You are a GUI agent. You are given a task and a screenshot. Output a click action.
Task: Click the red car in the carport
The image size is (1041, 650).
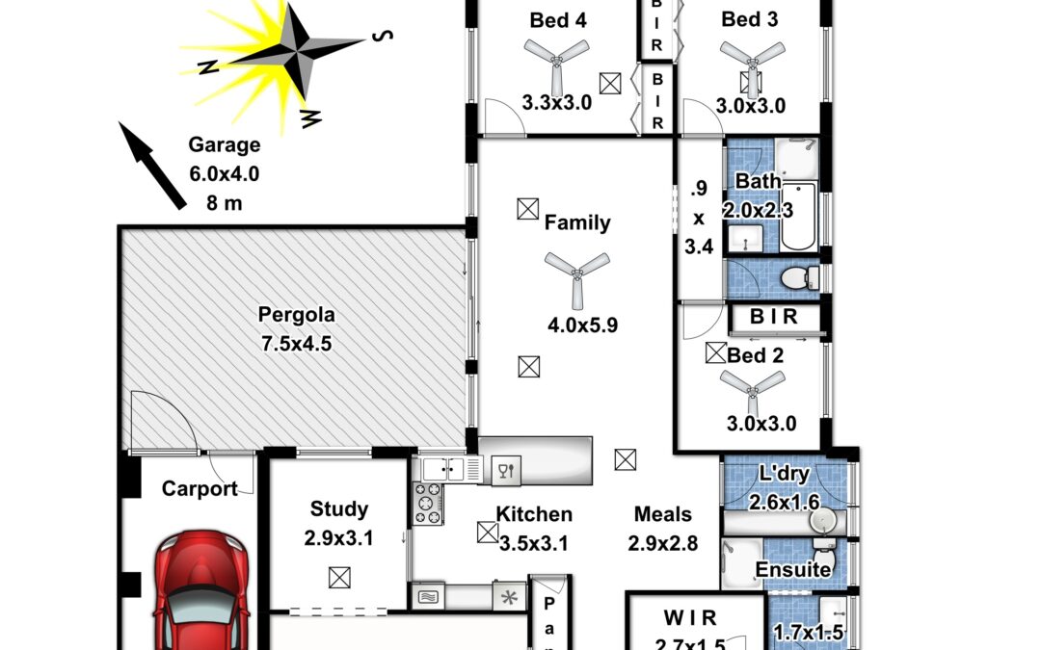[x=202, y=590]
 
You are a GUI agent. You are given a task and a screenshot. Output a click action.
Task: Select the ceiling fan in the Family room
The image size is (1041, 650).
[x=577, y=276]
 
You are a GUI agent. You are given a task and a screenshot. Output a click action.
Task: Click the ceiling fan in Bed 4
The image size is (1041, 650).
[x=556, y=62]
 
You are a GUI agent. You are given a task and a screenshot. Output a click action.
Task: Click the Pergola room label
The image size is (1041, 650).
[x=296, y=314]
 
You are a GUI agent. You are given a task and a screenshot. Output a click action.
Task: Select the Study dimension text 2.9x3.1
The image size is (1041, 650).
[x=338, y=538]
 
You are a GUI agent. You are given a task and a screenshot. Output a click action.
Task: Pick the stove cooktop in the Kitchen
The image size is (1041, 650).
[x=428, y=504]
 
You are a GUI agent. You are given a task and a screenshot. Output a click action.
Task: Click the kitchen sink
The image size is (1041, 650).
[x=444, y=469]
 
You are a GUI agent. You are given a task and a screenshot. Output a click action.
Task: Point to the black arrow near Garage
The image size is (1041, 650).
[x=152, y=166]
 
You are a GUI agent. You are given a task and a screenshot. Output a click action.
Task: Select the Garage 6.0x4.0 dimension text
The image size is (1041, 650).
[x=225, y=173]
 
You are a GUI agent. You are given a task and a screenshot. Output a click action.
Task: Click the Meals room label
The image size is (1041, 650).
[x=662, y=514]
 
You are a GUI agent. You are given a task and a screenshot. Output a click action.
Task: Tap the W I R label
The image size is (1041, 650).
[x=690, y=618]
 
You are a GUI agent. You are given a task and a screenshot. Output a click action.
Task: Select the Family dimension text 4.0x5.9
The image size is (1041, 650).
[x=582, y=325]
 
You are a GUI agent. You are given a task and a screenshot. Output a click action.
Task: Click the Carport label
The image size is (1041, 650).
[x=200, y=489]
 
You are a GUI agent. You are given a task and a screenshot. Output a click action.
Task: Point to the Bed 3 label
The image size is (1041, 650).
[x=750, y=20]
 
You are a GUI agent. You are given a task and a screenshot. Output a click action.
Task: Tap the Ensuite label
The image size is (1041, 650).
[x=793, y=569]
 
